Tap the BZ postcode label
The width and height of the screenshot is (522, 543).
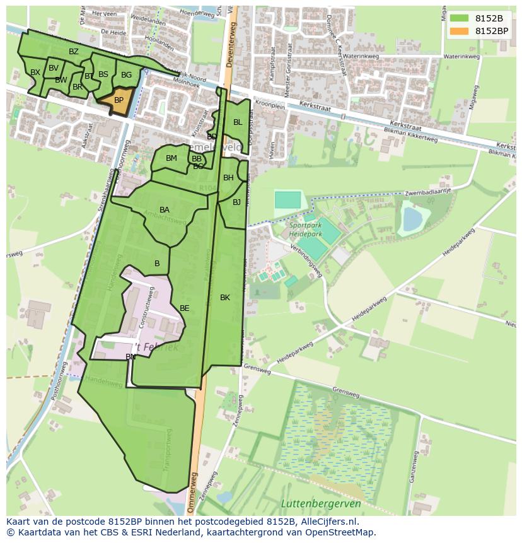(74, 52)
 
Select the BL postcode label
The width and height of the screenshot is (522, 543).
(238, 122)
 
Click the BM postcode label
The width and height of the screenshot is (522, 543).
(171, 158)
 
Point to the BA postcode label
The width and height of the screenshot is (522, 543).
(165, 210)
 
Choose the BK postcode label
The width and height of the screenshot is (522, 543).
(225, 298)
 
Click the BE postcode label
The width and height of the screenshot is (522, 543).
(185, 308)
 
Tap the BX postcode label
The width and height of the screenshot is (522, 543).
(35, 73)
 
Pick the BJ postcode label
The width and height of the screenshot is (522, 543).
(236, 202)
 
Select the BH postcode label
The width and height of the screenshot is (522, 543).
(228, 178)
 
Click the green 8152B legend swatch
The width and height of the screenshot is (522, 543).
(459, 18)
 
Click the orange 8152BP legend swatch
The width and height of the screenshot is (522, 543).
(459, 30)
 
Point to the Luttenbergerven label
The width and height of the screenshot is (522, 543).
(321, 503)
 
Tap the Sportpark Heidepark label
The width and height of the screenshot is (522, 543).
(306, 229)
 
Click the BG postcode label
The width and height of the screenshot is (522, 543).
(127, 75)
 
